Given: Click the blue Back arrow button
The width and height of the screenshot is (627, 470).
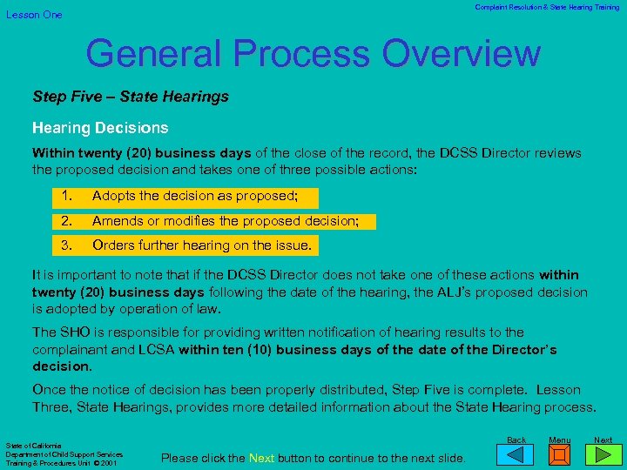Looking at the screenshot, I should [x=516, y=453].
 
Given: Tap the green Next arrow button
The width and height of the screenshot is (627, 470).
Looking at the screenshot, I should [x=603, y=453].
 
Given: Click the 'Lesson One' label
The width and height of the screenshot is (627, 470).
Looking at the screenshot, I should [x=35, y=15].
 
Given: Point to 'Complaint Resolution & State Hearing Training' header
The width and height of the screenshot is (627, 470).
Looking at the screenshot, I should [x=547, y=8].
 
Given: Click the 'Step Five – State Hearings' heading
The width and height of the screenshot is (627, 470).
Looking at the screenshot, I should [x=131, y=97].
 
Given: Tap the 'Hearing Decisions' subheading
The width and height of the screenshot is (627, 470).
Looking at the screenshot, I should [x=100, y=128].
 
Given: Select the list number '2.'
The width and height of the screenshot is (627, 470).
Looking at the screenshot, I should [x=66, y=221].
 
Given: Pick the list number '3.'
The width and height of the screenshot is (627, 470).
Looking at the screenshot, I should [x=66, y=245].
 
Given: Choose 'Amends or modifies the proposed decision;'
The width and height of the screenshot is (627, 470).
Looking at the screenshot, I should [x=226, y=221].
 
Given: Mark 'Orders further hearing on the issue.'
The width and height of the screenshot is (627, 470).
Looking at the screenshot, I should [x=202, y=245].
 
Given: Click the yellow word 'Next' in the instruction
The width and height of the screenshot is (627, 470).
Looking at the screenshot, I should [x=262, y=458].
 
